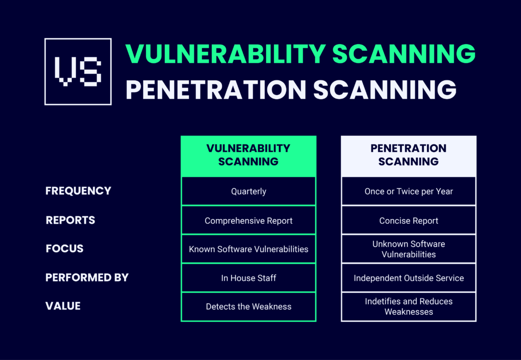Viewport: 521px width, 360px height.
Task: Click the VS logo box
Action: point(78,72)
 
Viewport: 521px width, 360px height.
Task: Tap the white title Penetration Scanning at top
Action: point(291,89)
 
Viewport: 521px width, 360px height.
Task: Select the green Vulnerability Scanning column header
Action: point(248,155)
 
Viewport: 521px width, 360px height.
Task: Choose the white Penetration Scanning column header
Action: point(409,155)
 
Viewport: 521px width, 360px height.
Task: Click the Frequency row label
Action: point(78,191)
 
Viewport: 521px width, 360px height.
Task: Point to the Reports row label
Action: point(71,220)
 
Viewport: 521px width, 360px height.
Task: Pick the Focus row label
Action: point(65,249)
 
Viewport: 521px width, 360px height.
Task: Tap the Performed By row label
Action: point(87,278)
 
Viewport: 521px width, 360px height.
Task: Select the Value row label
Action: point(63,306)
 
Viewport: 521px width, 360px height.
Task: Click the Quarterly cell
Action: point(248,192)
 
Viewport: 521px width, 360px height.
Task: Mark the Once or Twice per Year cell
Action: point(409,192)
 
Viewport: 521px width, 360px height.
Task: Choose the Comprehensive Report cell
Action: point(248,221)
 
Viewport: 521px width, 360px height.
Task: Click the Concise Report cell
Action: point(409,221)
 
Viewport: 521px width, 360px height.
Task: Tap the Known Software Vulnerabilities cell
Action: point(248,249)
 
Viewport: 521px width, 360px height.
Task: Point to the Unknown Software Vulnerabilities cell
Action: point(409,249)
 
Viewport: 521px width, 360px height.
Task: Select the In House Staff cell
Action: point(248,278)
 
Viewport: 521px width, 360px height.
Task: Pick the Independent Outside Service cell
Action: point(409,278)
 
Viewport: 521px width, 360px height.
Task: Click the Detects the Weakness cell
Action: point(248,307)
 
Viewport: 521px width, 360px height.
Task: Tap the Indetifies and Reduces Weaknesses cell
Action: point(409,307)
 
